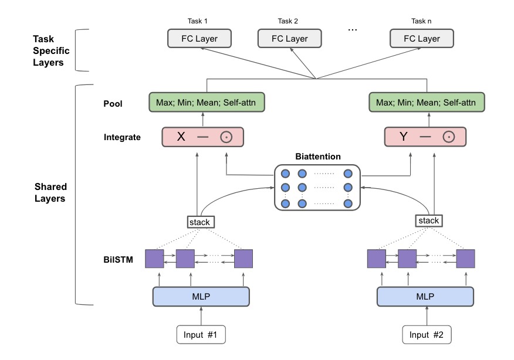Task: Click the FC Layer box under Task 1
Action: [199, 39]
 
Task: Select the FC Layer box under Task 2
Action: [289, 39]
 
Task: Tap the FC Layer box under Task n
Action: [421, 39]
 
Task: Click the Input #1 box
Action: [201, 335]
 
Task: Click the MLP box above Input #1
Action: [201, 296]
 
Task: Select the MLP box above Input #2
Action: [425, 296]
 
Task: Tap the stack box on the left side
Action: [200, 222]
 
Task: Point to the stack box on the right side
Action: [428, 220]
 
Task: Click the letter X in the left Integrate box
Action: [181, 137]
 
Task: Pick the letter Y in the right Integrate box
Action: [403, 137]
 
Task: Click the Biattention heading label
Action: [317, 157]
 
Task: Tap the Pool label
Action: [113, 103]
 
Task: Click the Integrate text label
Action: [122, 137]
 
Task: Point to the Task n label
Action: [421, 22]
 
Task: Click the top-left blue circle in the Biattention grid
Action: [286, 174]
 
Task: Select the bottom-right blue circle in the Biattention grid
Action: [348, 203]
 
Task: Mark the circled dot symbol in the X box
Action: [226, 137]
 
